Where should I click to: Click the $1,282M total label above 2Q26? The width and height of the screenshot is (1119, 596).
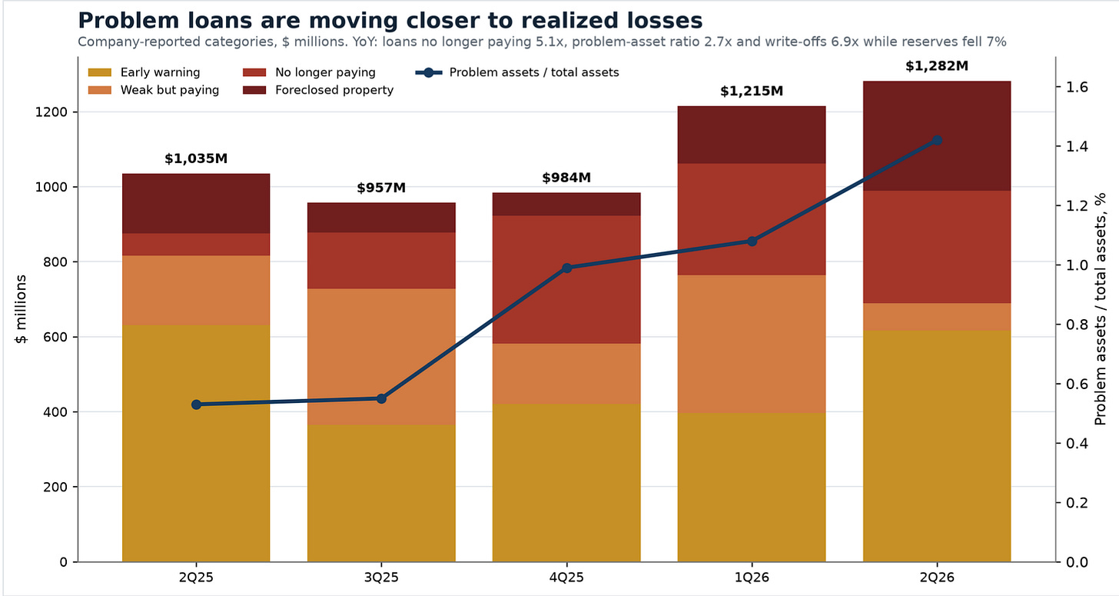(x=937, y=66)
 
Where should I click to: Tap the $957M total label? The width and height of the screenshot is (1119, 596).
(x=381, y=188)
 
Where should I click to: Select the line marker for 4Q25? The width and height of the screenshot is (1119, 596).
(x=566, y=268)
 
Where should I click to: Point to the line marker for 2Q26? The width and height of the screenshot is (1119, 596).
(x=937, y=141)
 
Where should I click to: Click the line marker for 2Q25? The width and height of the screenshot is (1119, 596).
(x=196, y=405)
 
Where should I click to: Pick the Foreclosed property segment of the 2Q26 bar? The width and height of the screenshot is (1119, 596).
(x=937, y=136)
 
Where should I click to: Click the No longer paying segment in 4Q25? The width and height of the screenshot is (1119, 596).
(x=566, y=279)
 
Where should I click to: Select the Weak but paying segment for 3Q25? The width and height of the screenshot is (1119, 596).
(x=381, y=357)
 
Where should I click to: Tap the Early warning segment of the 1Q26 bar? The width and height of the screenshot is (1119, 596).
(x=752, y=487)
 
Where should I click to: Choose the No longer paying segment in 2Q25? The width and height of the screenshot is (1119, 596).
(x=196, y=245)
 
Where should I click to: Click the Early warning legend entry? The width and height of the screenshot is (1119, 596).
(x=144, y=72)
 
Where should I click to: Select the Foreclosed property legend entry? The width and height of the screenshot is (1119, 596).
(x=318, y=90)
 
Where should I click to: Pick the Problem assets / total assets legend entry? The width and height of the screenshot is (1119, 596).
(x=517, y=72)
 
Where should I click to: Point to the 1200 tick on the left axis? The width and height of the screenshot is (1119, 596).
(x=51, y=112)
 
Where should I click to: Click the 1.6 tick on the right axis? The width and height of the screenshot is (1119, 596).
(x=1077, y=88)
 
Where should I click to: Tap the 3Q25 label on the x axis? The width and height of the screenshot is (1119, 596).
(x=381, y=578)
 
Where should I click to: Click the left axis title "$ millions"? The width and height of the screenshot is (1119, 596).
(x=21, y=309)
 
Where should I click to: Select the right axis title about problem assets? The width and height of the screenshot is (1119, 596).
(x=1101, y=309)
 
